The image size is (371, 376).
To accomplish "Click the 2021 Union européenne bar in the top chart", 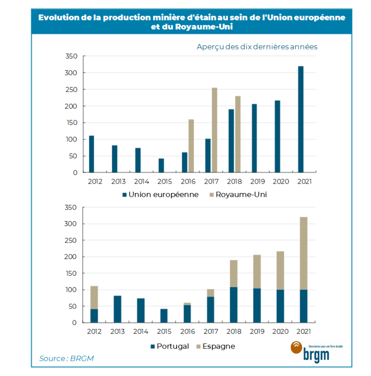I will point(301,119).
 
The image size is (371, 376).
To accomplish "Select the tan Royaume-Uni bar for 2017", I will point(215,130).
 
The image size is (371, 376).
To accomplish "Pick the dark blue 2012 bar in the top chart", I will point(91,154).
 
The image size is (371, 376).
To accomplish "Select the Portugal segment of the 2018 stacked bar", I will point(234,305).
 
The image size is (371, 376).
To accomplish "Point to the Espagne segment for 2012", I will point(94,298).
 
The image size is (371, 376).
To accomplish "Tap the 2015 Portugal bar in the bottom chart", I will point(164,316).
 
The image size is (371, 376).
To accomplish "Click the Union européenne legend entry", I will point(160,195).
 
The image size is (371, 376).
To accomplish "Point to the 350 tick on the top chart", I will point(71,56).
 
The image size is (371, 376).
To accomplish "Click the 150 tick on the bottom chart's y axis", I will point(71,273).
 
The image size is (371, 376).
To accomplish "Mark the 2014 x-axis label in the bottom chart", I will point(141,331).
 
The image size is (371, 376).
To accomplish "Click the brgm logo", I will point(308,350).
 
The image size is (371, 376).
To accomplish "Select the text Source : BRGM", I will point(67,358).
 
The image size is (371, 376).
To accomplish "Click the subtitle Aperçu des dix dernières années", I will point(257,47).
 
